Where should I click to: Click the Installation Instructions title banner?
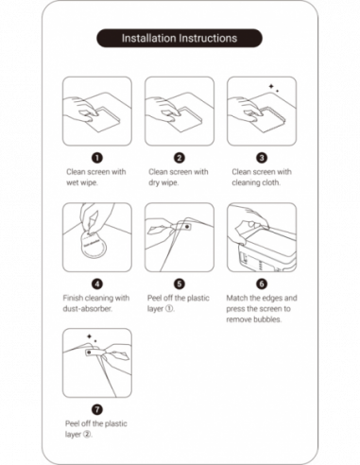click(x=180, y=39)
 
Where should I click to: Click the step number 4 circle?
click(x=95, y=283)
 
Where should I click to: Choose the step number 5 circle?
click(x=179, y=283)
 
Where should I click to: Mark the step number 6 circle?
click(x=262, y=283)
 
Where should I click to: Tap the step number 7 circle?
click(x=95, y=408)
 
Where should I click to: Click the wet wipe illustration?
click(x=95, y=112)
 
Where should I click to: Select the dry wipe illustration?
click(x=179, y=112)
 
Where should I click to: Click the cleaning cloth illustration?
click(x=262, y=112)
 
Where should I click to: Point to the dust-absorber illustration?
click(x=95, y=237)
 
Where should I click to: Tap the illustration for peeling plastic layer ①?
click(x=179, y=237)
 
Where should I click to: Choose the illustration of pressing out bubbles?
click(x=262, y=237)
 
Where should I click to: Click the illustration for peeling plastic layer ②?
click(x=95, y=363)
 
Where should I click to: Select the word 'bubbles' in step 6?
click(x=274, y=319)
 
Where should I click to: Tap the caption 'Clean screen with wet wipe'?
click(x=95, y=177)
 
